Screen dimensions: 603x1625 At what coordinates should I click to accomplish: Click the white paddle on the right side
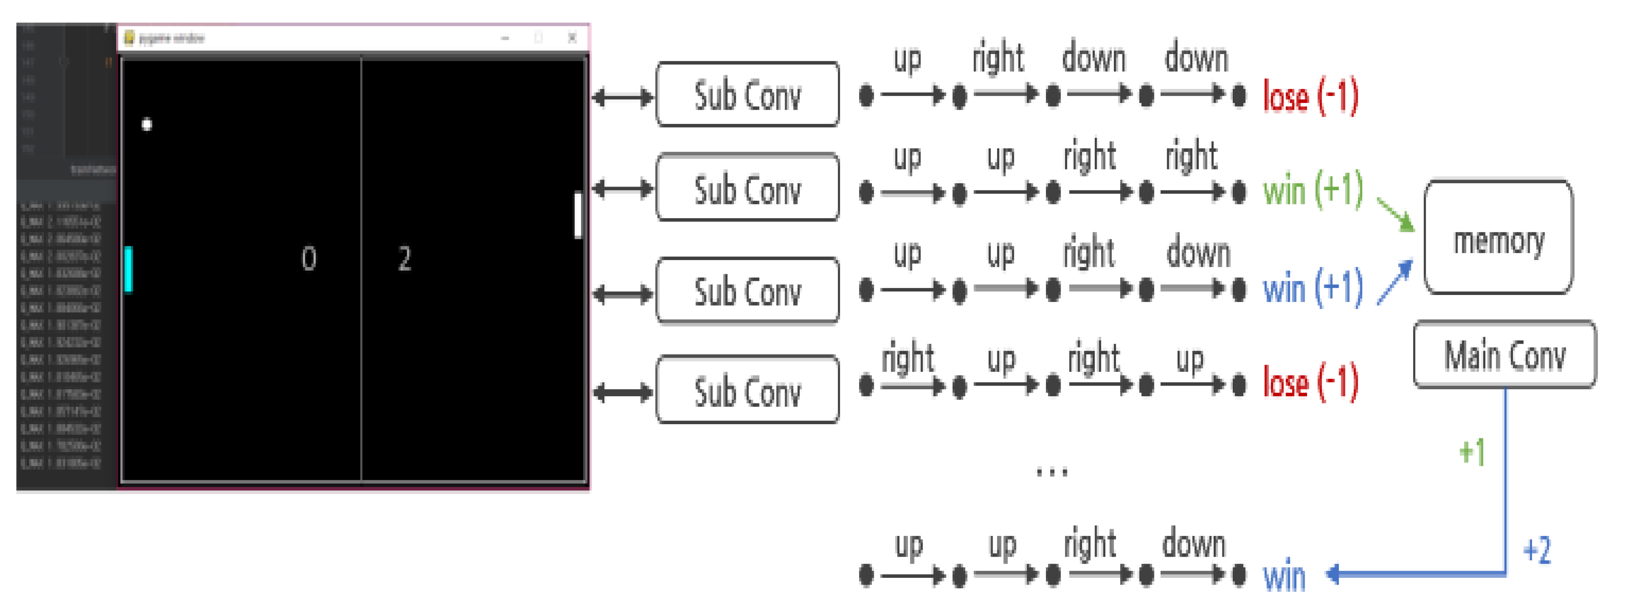click(577, 215)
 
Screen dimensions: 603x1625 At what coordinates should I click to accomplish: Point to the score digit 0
click(309, 258)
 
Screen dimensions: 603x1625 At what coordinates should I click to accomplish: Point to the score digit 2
click(404, 258)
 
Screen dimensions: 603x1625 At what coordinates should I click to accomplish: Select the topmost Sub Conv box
click(748, 95)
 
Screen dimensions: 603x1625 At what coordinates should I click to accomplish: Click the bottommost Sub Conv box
click(748, 390)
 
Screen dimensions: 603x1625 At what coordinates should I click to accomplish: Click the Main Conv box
click(1504, 354)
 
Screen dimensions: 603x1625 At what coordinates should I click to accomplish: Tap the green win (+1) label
click(1312, 189)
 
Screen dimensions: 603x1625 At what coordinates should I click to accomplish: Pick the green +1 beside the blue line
click(1472, 452)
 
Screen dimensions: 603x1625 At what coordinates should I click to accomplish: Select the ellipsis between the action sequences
click(1052, 471)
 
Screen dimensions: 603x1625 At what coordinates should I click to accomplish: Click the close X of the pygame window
click(572, 37)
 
